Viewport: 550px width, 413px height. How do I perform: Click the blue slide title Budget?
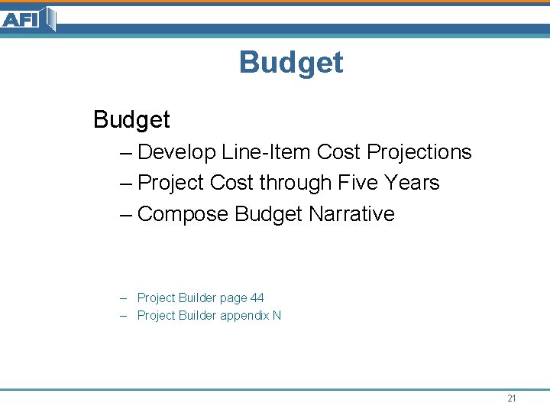[291, 62]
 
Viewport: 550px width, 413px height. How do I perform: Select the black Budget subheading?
[131, 120]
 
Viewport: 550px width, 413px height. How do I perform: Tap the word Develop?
[177, 153]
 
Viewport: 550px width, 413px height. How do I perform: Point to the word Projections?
[419, 152]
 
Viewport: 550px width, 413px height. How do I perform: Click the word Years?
[412, 183]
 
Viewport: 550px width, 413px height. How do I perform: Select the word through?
[296, 183]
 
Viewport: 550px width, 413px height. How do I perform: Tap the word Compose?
[183, 214]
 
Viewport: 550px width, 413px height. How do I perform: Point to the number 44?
[257, 298]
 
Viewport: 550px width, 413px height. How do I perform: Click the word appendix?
[244, 316]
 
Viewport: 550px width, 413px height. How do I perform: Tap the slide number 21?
[512, 398]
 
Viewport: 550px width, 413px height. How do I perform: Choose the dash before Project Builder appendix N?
[124, 315]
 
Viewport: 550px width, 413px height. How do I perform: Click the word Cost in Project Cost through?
[231, 183]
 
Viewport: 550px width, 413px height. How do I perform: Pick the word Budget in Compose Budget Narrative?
[269, 214]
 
